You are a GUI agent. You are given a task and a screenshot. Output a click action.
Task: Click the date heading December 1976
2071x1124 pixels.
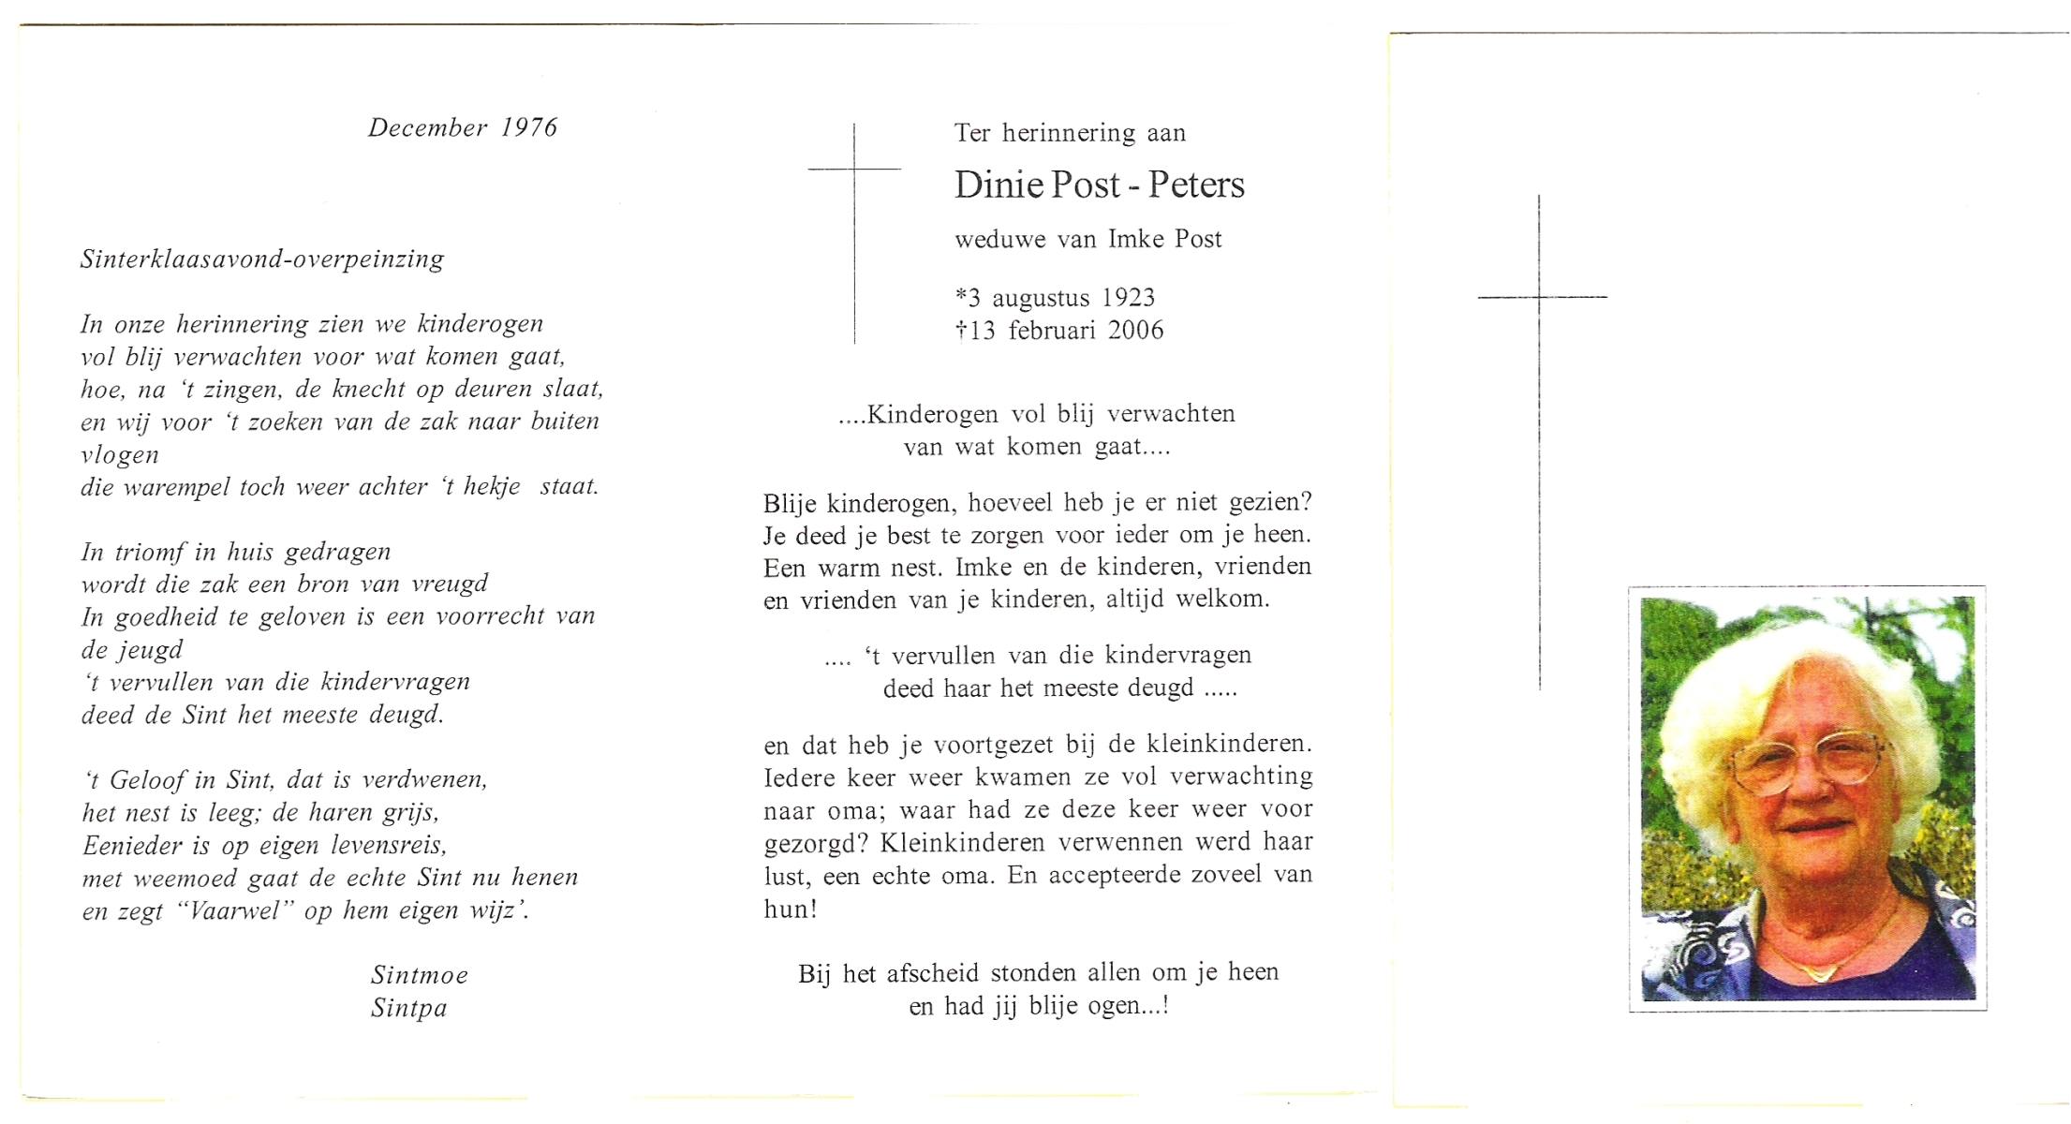463,128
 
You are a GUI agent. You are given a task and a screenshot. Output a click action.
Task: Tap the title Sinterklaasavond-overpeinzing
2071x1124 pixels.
262,259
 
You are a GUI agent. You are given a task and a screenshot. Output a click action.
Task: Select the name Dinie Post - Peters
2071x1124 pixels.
1099,185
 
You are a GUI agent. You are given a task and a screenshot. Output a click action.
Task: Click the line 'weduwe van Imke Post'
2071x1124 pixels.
1087,240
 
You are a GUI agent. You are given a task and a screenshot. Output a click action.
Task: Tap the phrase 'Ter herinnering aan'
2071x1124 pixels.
1070,133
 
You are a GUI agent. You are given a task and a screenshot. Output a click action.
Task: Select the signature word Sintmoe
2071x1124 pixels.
419,975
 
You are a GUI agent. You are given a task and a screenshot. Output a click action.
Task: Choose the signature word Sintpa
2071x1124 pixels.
408,1008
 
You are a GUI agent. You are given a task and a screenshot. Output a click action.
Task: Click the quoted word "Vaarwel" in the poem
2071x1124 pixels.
236,911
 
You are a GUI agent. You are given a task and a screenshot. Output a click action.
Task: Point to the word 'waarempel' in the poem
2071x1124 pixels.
170,488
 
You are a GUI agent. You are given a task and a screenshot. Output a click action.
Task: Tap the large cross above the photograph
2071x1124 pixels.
1540,375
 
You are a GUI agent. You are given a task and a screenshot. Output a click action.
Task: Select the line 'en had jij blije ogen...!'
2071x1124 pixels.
1038,1007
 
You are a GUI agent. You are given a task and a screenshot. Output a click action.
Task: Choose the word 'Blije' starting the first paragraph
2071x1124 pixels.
791,504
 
